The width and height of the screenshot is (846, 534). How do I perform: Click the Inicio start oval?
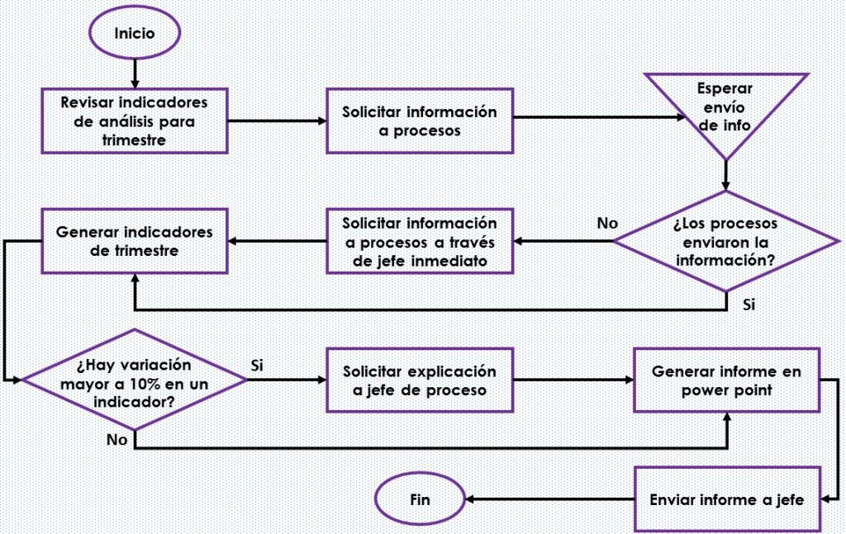click(x=135, y=33)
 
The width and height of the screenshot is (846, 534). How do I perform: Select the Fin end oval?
click(x=420, y=499)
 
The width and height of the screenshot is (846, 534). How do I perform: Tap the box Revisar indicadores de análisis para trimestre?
click(x=135, y=121)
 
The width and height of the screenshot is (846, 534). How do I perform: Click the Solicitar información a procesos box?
click(x=419, y=121)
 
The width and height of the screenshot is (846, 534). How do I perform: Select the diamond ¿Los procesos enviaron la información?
click(x=725, y=241)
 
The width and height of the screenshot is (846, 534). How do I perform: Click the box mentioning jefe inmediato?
click(x=419, y=241)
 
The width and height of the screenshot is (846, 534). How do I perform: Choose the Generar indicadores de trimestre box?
click(x=135, y=241)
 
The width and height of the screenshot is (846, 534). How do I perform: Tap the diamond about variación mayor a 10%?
click(x=135, y=380)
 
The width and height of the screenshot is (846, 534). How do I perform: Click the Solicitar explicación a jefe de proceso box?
click(x=419, y=380)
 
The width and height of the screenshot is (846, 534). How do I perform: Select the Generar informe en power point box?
click(x=727, y=380)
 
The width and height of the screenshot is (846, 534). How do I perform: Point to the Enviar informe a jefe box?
click(x=727, y=499)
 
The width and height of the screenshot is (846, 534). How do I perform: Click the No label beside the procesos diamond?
click(x=607, y=223)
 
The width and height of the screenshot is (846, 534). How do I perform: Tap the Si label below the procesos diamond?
click(x=749, y=305)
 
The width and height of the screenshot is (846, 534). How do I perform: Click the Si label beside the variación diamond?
click(x=257, y=366)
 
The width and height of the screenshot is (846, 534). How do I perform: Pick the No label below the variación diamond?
click(x=116, y=440)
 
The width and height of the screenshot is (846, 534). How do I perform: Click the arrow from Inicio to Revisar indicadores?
click(x=135, y=73)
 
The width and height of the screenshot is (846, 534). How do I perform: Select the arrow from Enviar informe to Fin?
click(x=549, y=499)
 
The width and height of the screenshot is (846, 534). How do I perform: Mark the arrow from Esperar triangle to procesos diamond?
click(x=725, y=176)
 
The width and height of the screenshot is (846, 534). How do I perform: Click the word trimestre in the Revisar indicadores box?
click(x=135, y=140)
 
